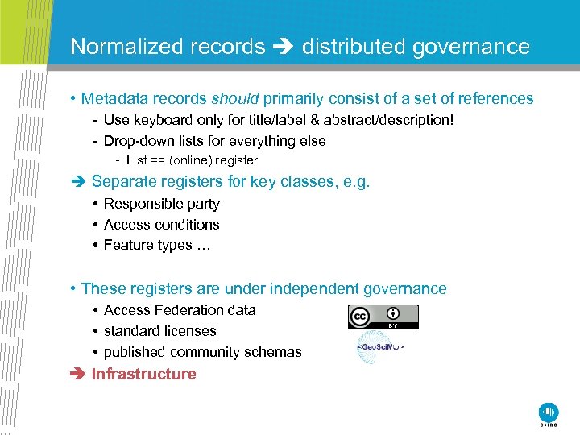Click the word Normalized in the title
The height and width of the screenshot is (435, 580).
[x=126, y=47]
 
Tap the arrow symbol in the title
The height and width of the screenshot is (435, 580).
[x=284, y=47]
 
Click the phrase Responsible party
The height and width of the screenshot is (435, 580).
[x=161, y=204]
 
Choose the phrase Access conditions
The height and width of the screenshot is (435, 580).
[x=161, y=225]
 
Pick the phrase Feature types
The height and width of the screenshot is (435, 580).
[x=148, y=245]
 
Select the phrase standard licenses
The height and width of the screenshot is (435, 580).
[x=159, y=331]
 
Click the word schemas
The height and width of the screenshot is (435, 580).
[x=274, y=352]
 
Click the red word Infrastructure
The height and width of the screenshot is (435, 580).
[x=143, y=374]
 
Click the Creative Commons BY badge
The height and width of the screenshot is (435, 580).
[x=383, y=317]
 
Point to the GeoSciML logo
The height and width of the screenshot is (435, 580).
[x=379, y=347]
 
